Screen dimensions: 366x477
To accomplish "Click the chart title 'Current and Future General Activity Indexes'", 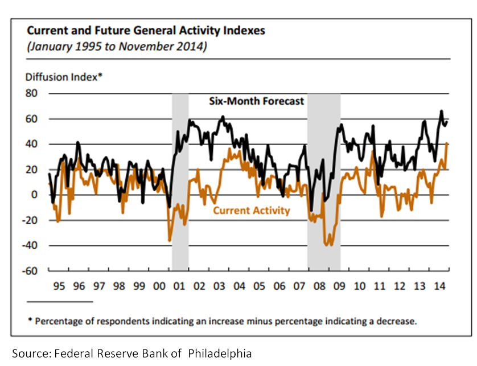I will pyautogui.click(x=146, y=30).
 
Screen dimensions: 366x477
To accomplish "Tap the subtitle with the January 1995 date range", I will pyautogui.click(x=117, y=46).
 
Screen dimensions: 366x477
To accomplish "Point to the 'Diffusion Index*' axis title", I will pyautogui.click(x=63, y=76).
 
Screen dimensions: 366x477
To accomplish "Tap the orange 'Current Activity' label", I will pyautogui.click(x=251, y=211).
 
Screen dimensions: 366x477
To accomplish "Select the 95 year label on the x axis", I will pyautogui.click(x=58, y=284).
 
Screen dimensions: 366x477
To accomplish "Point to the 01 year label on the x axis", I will pyautogui.click(x=179, y=284).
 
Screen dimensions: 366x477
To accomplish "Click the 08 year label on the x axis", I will pyautogui.click(x=319, y=284).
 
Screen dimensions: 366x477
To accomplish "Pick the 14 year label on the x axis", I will pyautogui.click(x=439, y=284).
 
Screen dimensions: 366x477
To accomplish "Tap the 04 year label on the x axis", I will pyautogui.click(x=239, y=284).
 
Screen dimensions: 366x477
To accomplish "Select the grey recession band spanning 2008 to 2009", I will pyautogui.click(x=324, y=142).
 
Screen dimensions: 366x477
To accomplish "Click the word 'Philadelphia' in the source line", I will pyautogui.click(x=220, y=353).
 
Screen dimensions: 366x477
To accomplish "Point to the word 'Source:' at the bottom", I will pyautogui.click(x=31, y=353).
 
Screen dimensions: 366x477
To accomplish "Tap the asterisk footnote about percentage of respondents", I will pyautogui.click(x=222, y=321).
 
